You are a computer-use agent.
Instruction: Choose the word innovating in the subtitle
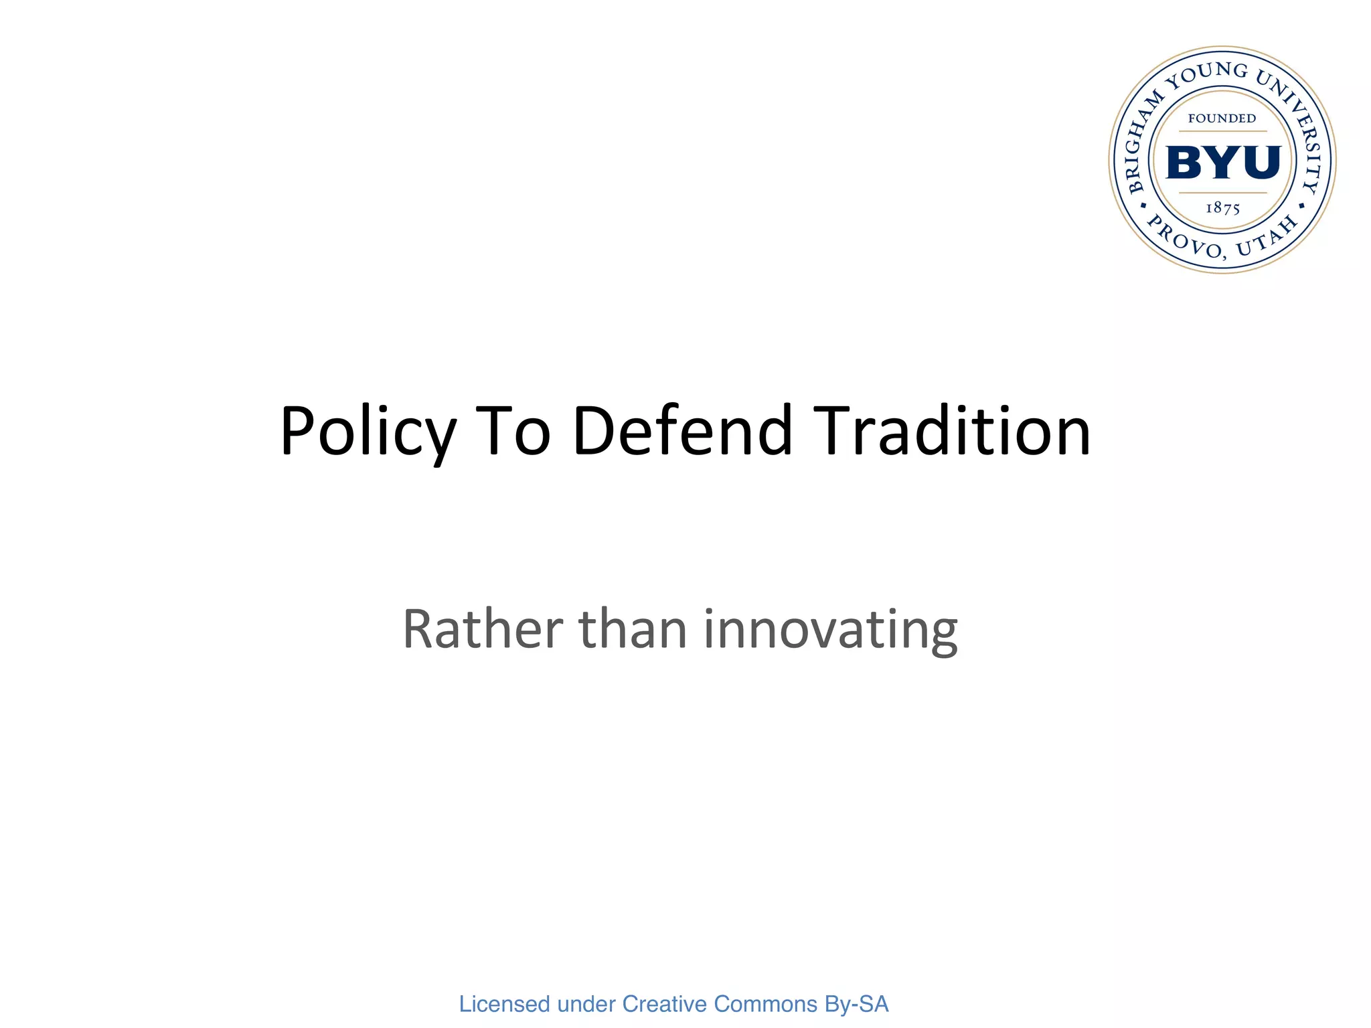(x=830, y=630)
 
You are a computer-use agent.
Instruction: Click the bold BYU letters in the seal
(x=1222, y=163)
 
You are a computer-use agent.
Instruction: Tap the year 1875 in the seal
(x=1222, y=208)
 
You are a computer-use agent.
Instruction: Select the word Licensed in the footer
(x=504, y=1004)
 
